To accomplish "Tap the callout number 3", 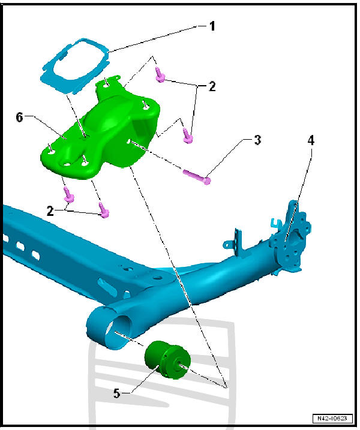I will click(x=257, y=141).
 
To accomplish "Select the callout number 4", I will click(x=311, y=141).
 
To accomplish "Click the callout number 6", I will click(x=20, y=118).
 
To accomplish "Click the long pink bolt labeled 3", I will click(x=196, y=175).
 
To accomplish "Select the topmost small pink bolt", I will click(x=160, y=74).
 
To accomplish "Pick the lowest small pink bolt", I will click(x=103, y=210).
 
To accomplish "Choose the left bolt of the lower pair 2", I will click(x=68, y=194).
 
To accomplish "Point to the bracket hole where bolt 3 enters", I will click(x=128, y=142).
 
